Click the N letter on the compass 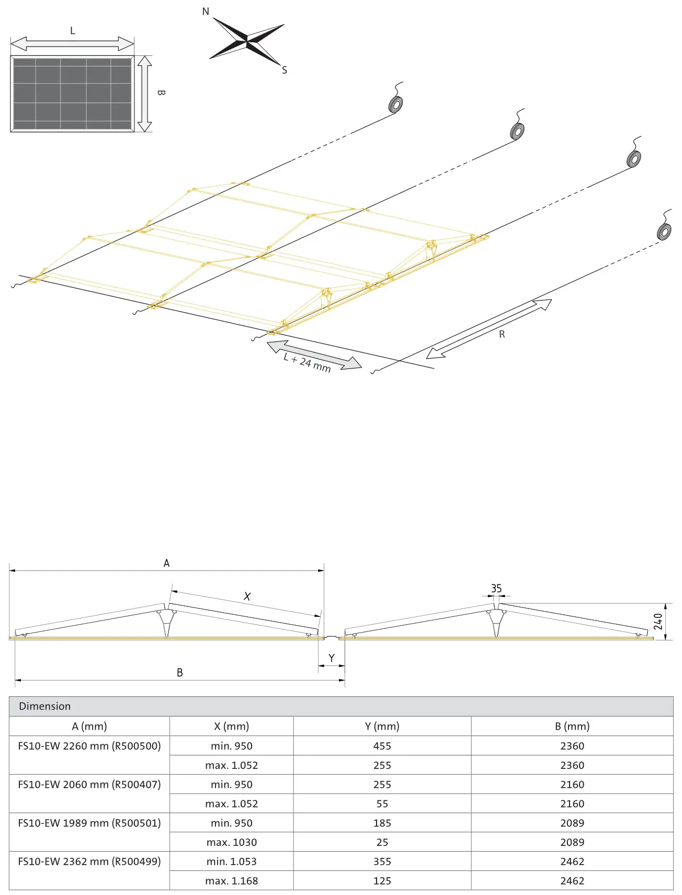[x=206, y=12]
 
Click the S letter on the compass [x=285, y=70]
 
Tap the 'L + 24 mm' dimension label [x=307, y=362]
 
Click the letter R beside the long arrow [x=502, y=334]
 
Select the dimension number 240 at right [x=658, y=622]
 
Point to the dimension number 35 [x=496, y=589]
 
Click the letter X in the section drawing [x=247, y=596]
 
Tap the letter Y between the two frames [x=332, y=658]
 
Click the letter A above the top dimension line [x=166, y=563]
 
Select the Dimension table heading [x=45, y=706]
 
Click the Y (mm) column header [x=382, y=726]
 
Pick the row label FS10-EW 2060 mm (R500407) [x=89, y=784]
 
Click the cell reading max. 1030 [x=232, y=842]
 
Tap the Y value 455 [x=382, y=746]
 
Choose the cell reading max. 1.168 [x=232, y=881]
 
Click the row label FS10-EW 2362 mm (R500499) [x=89, y=861]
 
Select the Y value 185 [x=382, y=823]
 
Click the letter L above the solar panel [x=73, y=31]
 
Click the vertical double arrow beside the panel [x=145, y=94]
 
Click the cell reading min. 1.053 [x=232, y=862]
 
